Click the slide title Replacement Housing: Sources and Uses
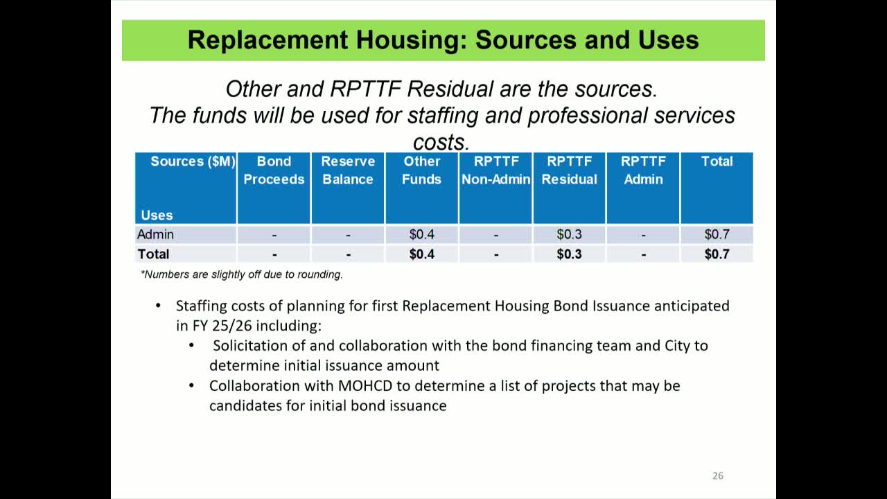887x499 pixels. [443, 40]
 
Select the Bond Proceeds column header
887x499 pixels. [274, 170]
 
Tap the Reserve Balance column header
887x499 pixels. [348, 170]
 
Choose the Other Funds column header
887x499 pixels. [422, 170]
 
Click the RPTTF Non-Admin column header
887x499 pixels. [495, 170]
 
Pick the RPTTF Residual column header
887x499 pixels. [569, 170]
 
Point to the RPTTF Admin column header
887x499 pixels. [643, 170]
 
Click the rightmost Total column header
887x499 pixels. [717, 161]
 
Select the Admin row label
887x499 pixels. [155, 234]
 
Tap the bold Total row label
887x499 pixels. [153, 254]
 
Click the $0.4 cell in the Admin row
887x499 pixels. [422, 234]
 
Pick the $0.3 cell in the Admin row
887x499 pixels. [569, 234]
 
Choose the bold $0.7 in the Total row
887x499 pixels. [717, 254]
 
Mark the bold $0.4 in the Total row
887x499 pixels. [422, 254]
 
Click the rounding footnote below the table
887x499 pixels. [241, 274]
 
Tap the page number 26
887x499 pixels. [717, 475]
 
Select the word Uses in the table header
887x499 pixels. [157, 215]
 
